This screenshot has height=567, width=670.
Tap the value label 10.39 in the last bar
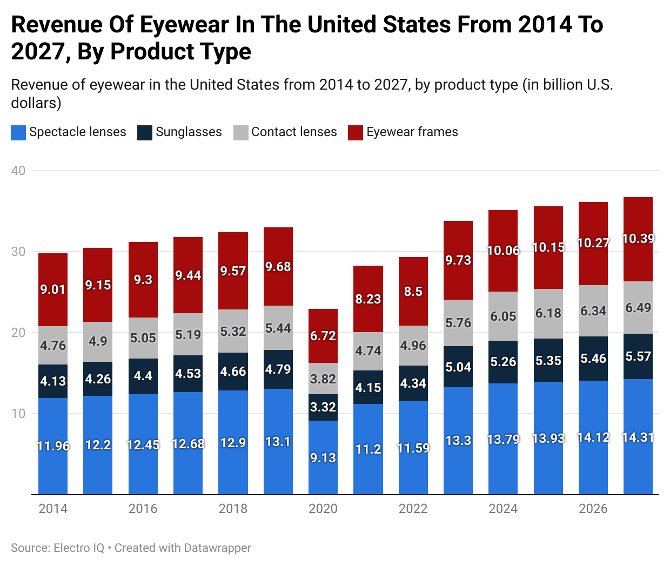pos(638,239)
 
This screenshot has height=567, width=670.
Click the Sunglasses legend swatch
pos(145,133)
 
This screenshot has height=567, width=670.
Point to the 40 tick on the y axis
pos(18,171)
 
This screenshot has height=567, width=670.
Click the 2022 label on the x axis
pos(413,509)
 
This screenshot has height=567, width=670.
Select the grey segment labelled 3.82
pos(323,379)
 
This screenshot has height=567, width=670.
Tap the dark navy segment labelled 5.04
pos(458,367)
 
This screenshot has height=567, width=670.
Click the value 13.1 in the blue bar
pos(278,442)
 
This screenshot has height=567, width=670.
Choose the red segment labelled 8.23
pos(368,299)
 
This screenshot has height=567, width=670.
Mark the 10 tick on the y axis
pos(18,414)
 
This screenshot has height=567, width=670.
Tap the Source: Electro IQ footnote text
pos(57,548)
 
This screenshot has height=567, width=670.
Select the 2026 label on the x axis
pos(593,509)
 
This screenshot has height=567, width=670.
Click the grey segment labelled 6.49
pos(638,308)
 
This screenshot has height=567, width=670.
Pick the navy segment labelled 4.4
pos(143,376)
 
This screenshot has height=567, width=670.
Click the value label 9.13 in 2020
pos(323,458)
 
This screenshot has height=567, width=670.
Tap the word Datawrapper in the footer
pos(217,548)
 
